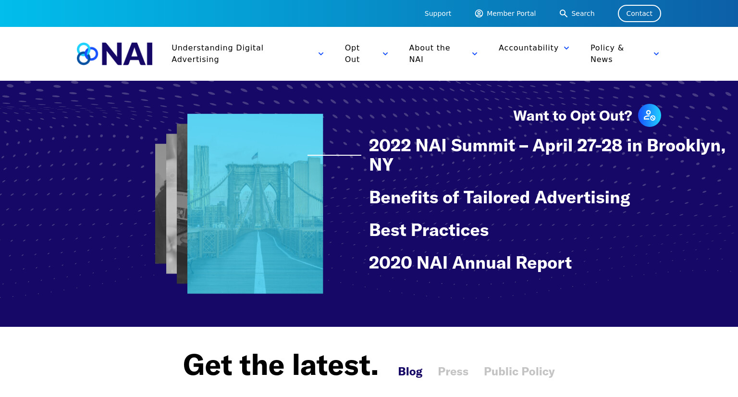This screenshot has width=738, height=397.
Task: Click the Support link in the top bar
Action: pos(438,13)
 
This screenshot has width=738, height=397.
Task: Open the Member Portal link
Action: pos(505,13)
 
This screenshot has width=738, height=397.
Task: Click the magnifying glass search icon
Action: pos(564,13)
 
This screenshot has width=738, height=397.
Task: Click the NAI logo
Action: pos(115,54)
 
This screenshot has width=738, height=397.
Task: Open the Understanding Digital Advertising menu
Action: pos(218,54)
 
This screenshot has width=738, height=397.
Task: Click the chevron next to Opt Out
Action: pos(385,54)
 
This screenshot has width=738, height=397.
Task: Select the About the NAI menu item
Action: pos(429,54)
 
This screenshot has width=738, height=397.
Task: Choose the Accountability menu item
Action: pos(529,48)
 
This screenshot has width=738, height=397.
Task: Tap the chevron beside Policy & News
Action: pos(656,54)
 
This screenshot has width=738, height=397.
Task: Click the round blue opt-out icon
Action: pos(650,116)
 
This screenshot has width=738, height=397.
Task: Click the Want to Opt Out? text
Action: pos(573,116)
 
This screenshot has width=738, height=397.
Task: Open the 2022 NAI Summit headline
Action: pos(547,155)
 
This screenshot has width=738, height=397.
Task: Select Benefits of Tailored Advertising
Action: pos(500,198)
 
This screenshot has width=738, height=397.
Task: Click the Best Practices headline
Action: pos(429,230)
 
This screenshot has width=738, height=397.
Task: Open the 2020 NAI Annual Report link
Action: pos(470,263)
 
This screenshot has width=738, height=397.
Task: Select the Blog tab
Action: pos(410,372)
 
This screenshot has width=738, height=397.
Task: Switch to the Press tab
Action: pos(453,372)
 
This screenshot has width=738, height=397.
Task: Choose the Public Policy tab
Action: pos(519,372)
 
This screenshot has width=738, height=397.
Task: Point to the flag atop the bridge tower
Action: pos(255,156)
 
